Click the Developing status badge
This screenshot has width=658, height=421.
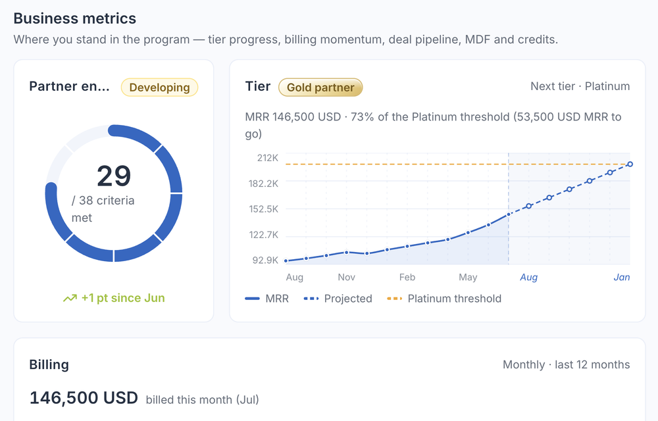(159, 87)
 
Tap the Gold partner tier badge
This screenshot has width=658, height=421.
(320, 87)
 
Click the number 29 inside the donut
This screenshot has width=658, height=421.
(114, 176)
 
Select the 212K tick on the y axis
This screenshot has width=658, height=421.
(268, 158)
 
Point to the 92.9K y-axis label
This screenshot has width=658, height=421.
(265, 260)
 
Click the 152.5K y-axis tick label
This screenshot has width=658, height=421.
(264, 209)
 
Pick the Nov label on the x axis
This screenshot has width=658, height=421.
(347, 277)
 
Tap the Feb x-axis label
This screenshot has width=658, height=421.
(407, 277)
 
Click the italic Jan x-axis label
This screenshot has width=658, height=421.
(622, 277)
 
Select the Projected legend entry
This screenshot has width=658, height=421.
(338, 299)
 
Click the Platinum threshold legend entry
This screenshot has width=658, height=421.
(444, 299)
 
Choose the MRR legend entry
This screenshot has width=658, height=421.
(267, 299)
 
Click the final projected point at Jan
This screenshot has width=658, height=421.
(630, 164)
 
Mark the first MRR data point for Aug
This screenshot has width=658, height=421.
(286, 260)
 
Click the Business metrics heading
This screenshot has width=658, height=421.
(75, 18)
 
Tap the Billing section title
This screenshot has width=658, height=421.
(49, 365)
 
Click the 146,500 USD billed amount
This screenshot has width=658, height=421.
(84, 397)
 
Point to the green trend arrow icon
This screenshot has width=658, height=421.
(70, 298)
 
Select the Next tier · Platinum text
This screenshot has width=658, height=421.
(580, 86)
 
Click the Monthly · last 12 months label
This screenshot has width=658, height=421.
(566, 365)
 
